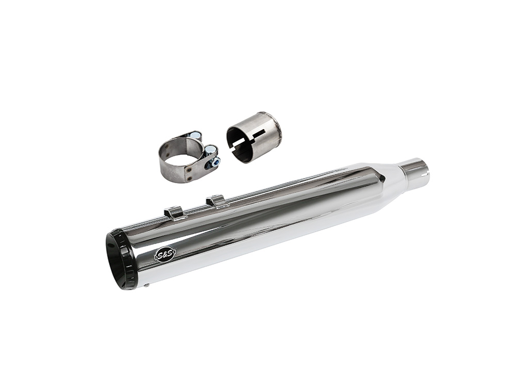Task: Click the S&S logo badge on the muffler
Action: tap(165, 254)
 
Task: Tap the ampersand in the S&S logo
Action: tap(165, 254)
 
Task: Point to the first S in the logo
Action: tap(160, 254)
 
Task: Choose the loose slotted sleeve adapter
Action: tap(254, 136)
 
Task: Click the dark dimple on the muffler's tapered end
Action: tap(381, 177)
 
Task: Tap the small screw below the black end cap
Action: tap(148, 284)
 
